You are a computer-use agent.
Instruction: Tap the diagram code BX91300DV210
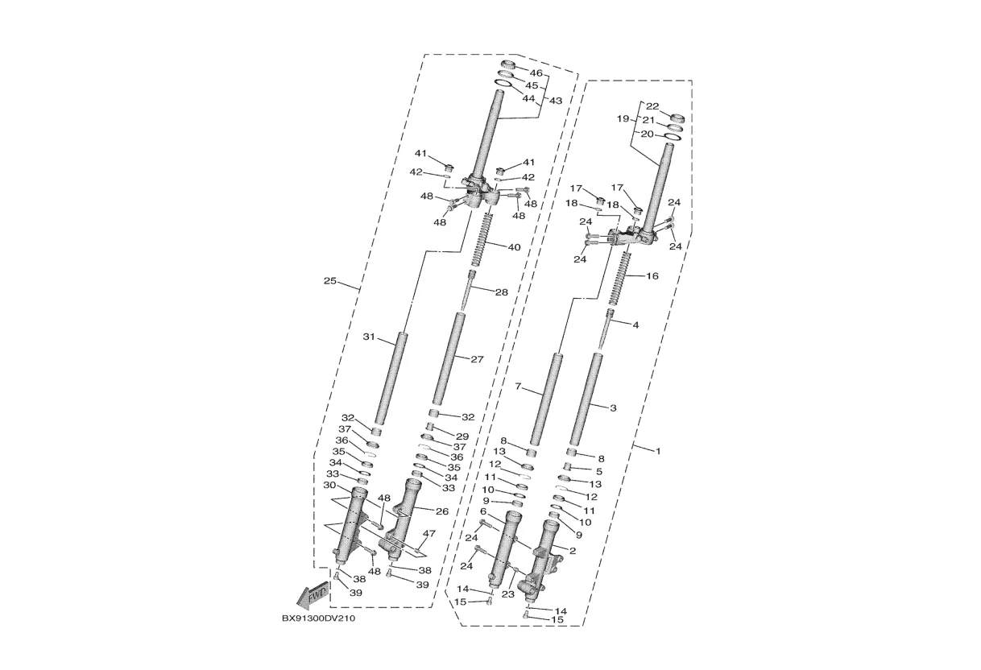pos(318,618)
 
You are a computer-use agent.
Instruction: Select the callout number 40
pos(514,247)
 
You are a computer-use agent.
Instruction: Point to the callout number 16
pos(652,276)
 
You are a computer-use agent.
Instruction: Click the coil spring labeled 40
pos(482,239)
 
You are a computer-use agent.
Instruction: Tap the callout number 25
pos(329,281)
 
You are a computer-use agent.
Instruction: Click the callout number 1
pos(657,451)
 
